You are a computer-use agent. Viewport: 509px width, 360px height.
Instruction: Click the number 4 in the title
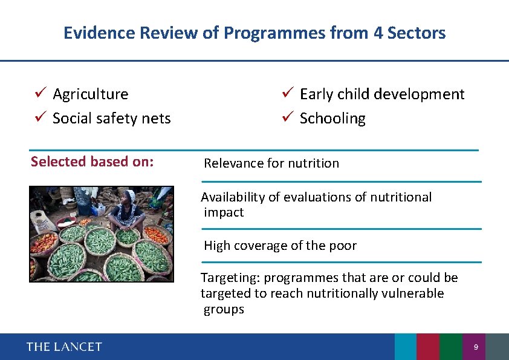(x=378, y=33)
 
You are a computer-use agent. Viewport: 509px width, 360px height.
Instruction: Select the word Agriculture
(x=91, y=94)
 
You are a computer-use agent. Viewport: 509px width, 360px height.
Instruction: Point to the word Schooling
(x=332, y=119)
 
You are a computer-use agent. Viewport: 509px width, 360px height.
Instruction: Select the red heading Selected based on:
(x=92, y=162)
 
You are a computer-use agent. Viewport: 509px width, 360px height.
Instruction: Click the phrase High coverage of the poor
(x=280, y=246)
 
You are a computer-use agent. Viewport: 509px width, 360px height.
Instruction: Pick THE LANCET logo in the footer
(x=64, y=347)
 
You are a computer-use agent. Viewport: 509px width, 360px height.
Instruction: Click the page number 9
(x=476, y=347)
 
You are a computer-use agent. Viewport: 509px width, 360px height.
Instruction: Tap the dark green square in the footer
(x=451, y=347)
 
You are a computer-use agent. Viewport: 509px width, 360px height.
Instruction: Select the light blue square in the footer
(x=406, y=347)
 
